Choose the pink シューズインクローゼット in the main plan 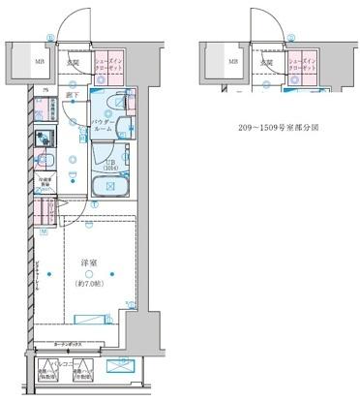(109, 64)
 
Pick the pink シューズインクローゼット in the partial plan (301, 64)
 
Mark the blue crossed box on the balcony (120, 369)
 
